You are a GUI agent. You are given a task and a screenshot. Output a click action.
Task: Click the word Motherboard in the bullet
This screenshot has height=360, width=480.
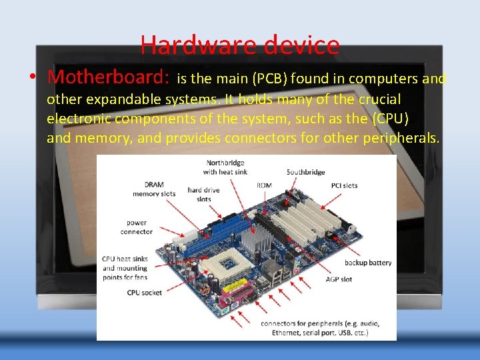click(108, 77)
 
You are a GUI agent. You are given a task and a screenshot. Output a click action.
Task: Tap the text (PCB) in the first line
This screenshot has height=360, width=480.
click(269, 79)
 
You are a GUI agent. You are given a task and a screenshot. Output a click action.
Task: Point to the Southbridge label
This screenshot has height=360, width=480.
click(305, 172)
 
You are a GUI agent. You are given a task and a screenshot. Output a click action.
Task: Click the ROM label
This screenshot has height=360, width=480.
click(264, 185)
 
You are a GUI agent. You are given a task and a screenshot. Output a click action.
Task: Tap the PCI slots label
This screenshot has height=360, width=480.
click(344, 185)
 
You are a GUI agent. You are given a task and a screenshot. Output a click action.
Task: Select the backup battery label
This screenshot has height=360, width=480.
click(368, 263)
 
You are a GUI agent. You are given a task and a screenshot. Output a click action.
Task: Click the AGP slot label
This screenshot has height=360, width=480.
click(340, 279)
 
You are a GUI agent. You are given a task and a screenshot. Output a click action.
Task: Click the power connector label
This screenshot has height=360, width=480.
click(136, 227)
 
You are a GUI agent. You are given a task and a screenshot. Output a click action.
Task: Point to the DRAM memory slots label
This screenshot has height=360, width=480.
click(154, 189)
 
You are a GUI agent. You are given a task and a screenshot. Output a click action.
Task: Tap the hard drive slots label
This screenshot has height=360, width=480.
click(203, 195)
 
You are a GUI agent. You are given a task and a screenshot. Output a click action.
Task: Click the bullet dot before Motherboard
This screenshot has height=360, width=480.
click(32, 78)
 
